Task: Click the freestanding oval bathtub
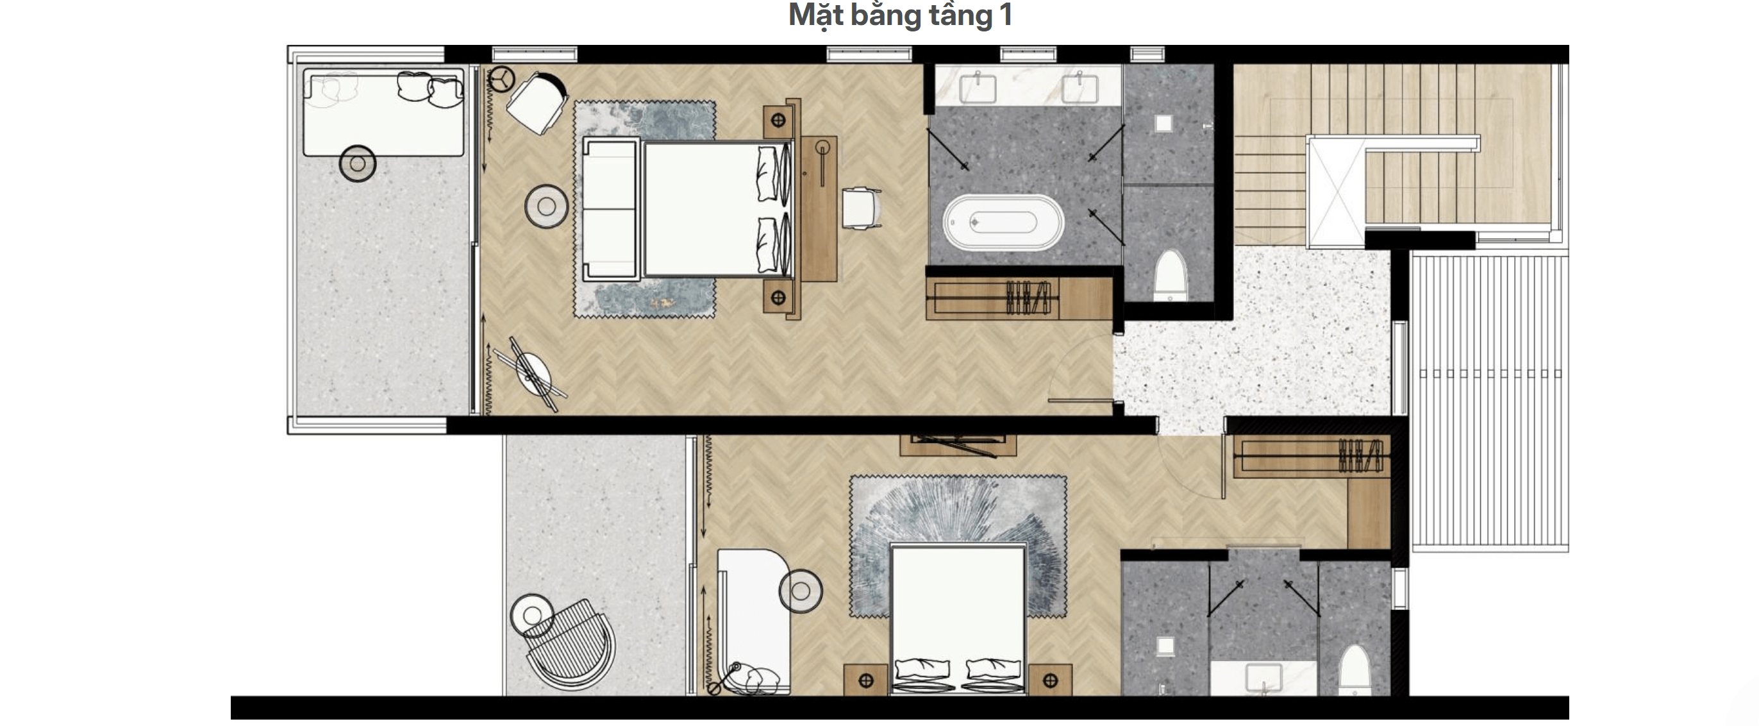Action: pyautogui.click(x=1003, y=222)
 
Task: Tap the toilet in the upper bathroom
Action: pyautogui.click(x=1169, y=274)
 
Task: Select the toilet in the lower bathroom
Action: pyautogui.click(x=1354, y=670)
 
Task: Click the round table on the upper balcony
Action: pyautogui.click(x=357, y=164)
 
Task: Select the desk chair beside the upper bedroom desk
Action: pyautogui.click(x=861, y=208)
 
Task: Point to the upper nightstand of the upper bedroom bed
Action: pyautogui.click(x=778, y=121)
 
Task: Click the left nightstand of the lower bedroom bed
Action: pyautogui.click(x=865, y=680)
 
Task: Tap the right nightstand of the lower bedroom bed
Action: pyautogui.click(x=1050, y=680)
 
